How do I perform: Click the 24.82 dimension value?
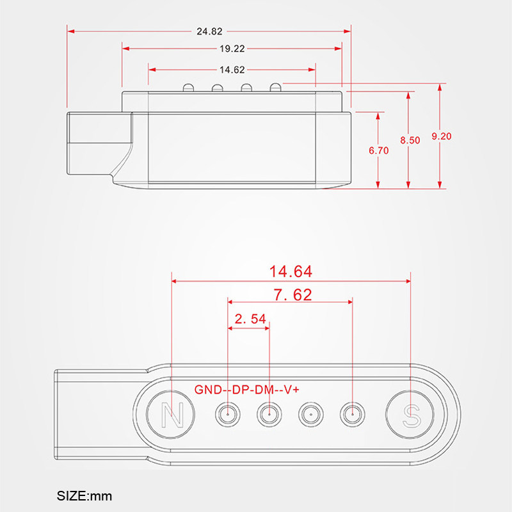click(x=209, y=31)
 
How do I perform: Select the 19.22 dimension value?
click(x=232, y=49)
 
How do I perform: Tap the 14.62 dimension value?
click(x=232, y=70)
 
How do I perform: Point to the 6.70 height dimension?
click(x=379, y=150)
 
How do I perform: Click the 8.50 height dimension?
click(x=410, y=140)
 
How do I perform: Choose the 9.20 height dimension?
click(x=442, y=136)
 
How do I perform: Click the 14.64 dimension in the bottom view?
click(x=291, y=271)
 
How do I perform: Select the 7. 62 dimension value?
click(x=292, y=295)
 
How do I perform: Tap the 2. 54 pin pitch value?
click(x=250, y=319)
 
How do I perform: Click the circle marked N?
click(x=170, y=414)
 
